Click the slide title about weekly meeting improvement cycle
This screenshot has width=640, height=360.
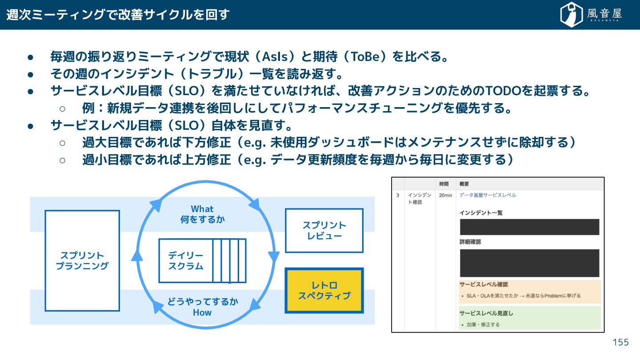(x=118, y=15)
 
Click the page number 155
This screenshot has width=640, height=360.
(x=620, y=342)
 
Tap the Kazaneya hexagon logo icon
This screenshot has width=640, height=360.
(x=572, y=15)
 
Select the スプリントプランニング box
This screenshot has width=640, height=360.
(x=82, y=260)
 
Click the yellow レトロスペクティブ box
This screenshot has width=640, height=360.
(x=324, y=290)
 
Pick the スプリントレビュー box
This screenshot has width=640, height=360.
(x=324, y=230)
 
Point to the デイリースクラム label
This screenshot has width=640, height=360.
(x=185, y=261)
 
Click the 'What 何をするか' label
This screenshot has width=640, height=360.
(x=202, y=214)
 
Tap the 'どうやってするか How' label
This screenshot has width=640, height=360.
(x=202, y=307)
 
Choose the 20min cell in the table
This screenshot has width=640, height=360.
(x=445, y=196)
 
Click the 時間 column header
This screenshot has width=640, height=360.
(x=444, y=184)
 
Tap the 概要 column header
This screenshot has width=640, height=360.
(x=464, y=184)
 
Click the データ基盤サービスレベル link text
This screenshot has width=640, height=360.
(x=488, y=195)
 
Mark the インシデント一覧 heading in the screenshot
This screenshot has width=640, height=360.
(x=481, y=213)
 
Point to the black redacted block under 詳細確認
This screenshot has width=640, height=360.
(x=529, y=263)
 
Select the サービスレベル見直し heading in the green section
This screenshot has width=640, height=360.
(x=486, y=313)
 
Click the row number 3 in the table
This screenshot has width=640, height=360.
(x=398, y=196)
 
